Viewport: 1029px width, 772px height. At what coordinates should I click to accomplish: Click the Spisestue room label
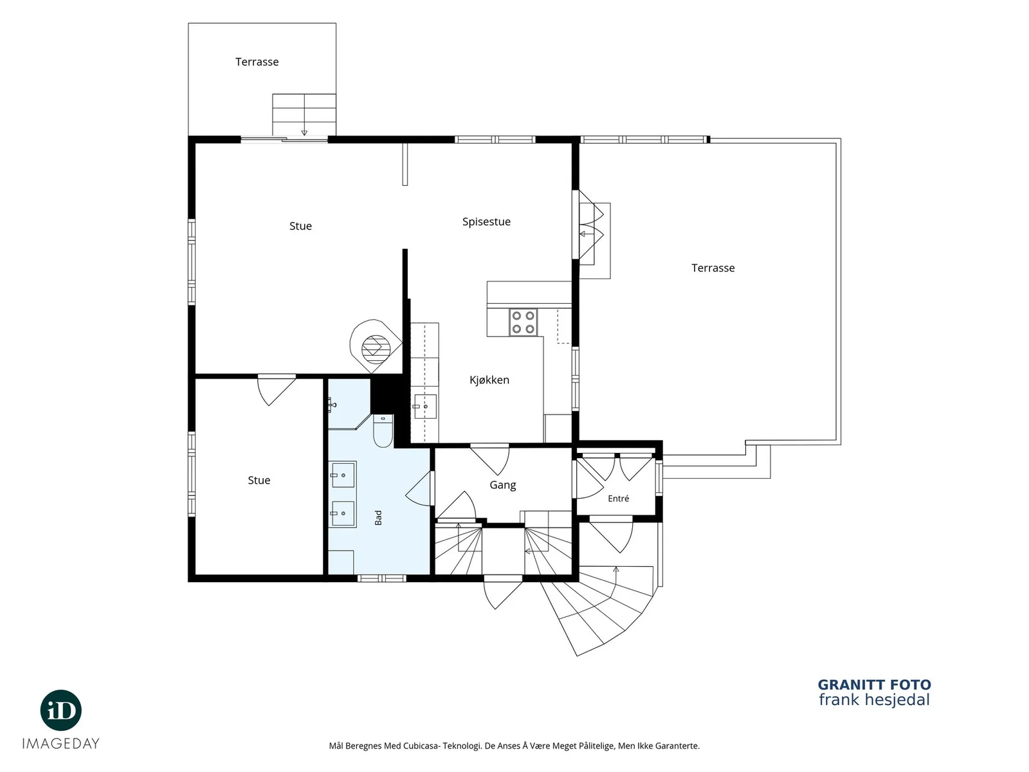[486, 222]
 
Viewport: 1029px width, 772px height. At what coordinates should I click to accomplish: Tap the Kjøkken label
[489, 380]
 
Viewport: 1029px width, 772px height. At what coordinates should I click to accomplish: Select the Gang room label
[502, 485]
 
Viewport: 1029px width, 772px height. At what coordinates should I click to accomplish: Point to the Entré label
[618, 499]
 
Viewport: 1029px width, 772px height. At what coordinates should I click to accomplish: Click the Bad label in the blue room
[378, 517]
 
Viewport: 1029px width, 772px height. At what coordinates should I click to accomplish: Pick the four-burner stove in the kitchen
[523, 322]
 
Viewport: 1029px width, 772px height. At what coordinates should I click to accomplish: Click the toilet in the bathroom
[383, 431]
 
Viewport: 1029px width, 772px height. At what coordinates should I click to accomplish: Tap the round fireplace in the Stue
[376, 346]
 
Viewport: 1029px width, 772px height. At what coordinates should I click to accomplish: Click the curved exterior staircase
[605, 609]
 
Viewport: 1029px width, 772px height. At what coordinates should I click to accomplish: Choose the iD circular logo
[61, 711]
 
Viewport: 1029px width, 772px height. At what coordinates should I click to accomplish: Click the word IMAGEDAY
[61, 744]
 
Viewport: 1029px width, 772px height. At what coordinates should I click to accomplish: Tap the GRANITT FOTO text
[874, 685]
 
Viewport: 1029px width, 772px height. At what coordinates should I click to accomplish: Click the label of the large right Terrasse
[713, 268]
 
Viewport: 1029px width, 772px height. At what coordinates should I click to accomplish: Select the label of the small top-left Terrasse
[257, 62]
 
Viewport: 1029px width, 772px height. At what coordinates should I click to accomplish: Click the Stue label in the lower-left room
[259, 481]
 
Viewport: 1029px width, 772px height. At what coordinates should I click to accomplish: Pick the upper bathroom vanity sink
[343, 475]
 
